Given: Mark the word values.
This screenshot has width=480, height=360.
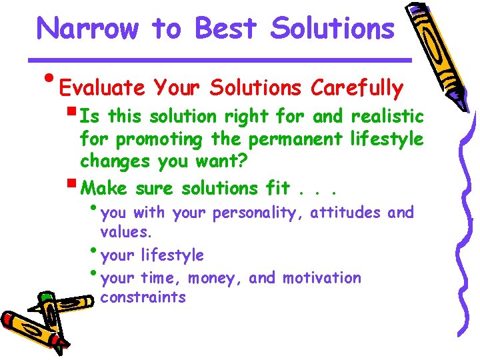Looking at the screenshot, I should [126, 233].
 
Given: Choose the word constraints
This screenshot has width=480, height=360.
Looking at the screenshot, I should [143, 297].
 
